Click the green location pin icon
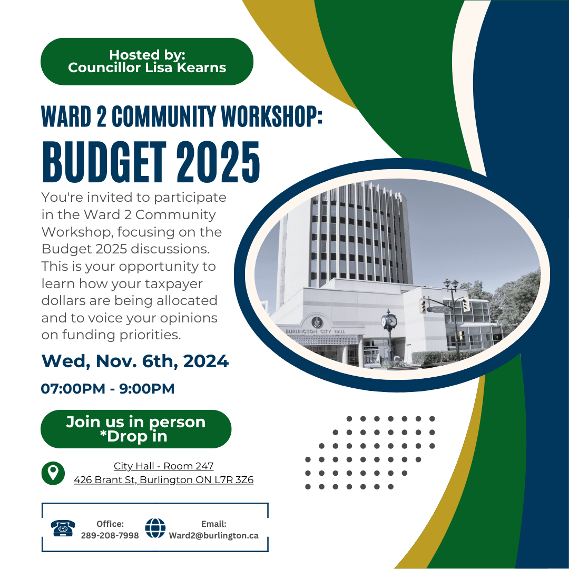point(53,473)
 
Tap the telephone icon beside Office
point(63,528)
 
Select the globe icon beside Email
point(155,528)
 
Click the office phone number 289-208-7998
point(110,536)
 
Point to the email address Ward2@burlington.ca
point(214,536)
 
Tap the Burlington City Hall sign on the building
point(315,331)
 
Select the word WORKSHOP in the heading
point(272,116)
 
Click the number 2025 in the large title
point(218,162)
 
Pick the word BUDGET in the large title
point(104,162)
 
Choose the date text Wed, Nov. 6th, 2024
point(135,361)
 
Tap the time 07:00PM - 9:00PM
point(108,389)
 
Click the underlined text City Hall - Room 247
point(163,466)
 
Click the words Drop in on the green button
point(137,437)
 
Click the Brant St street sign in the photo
point(439,310)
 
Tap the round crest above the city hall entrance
point(317,322)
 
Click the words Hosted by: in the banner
point(147,55)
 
